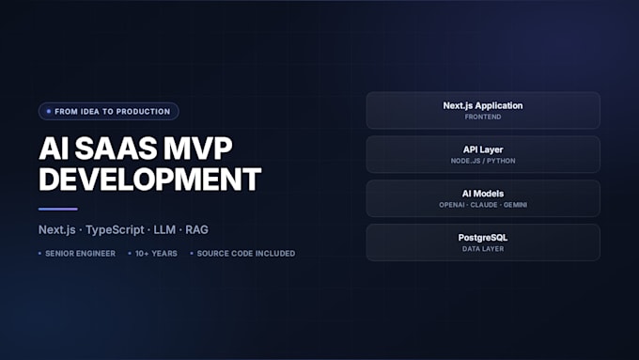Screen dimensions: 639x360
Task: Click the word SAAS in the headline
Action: pyautogui.click(x=117, y=149)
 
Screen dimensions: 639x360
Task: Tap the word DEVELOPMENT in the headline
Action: pyautogui.click(x=150, y=180)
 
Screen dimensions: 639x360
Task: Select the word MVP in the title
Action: pyautogui.click(x=198, y=149)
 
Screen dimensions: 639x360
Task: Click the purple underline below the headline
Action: pyautogui.click(x=58, y=210)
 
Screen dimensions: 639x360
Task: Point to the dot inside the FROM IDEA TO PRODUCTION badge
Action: pyautogui.click(x=49, y=111)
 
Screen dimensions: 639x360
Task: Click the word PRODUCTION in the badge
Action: pyautogui.click(x=143, y=112)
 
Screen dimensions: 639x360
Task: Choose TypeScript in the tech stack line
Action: pyautogui.click(x=115, y=230)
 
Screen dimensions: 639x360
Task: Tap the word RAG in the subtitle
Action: pyautogui.click(x=196, y=230)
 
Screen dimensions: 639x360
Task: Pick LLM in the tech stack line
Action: pyautogui.click(x=164, y=230)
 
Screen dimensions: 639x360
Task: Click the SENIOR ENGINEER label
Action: pyautogui.click(x=80, y=254)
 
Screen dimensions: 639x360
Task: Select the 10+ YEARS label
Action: pyautogui.click(x=156, y=254)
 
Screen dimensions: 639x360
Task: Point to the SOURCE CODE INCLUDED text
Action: pyautogui.click(x=246, y=254)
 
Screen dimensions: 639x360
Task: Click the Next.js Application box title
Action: pyautogui.click(x=483, y=105)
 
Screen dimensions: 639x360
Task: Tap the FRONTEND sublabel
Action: pyautogui.click(x=483, y=117)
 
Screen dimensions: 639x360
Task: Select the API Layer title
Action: pyautogui.click(x=483, y=149)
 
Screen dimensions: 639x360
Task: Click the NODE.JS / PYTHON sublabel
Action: pyautogui.click(x=483, y=161)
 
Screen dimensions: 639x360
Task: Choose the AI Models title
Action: pyautogui.click(x=483, y=194)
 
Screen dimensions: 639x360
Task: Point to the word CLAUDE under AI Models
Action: pyautogui.click(x=484, y=205)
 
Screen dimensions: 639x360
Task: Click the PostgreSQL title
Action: pyautogui.click(x=483, y=238)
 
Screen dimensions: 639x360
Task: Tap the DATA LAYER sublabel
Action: pyautogui.click(x=483, y=249)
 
